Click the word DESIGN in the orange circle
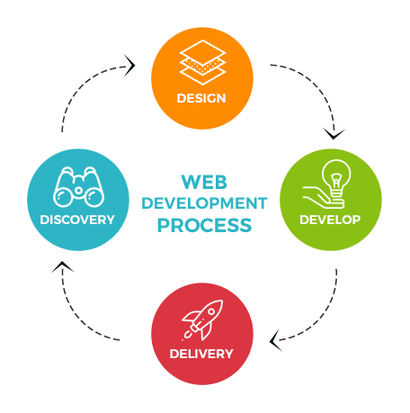click(x=201, y=98)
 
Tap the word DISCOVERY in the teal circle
click(x=77, y=220)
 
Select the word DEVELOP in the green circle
click(x=330, y=220)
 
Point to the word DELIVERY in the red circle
click(x=201, y=354)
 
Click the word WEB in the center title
click(x=204, y=182)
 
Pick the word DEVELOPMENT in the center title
click(x=204, y=203)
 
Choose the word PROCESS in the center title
click(x=204, y=225)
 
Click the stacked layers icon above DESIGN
click(x=202, y=62)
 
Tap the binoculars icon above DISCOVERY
click(x=78, y=187)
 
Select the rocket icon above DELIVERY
click(x=202, y=320)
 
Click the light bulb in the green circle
click(x=336, y=178)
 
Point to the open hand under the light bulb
click(x=323, y=197)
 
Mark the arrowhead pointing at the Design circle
click(x=129, y=66)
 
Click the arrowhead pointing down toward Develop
click(x=334, y=134)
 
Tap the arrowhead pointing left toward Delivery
click(x=275, y=340)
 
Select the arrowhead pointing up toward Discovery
click(x=62, y=266)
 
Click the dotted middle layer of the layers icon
click(x=202, y=66)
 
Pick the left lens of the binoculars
click(x=63, y=197)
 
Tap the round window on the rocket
click(x=211, y=311)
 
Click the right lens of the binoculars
click(x=94, y=197)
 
